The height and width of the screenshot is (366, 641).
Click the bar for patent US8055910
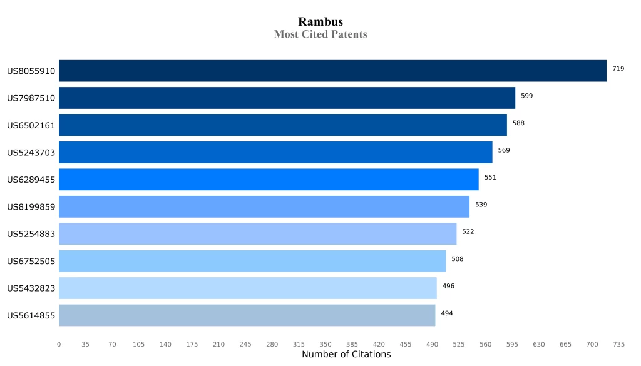[x=332, y=71]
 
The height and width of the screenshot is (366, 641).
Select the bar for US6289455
[x=269, y=180]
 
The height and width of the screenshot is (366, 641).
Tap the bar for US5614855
[x=247, y=315]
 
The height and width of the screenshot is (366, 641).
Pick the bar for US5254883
[x=257, y=234]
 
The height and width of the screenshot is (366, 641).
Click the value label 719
[x=618, y=69]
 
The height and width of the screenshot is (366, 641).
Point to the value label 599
[x=526, y=96]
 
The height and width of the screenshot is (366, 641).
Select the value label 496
[x=448, y=286]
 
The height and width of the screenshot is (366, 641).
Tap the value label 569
[x=504, y=150]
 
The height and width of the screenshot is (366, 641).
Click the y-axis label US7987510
[x=31, y=98]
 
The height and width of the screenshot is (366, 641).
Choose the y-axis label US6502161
[x=31, y=125]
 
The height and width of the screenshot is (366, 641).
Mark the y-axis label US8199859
[x=31, y=207]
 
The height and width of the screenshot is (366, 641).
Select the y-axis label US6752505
[x=31, y=261]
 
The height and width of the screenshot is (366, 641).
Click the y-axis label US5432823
[x=31, y=288]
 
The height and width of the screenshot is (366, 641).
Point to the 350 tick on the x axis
[x=326, y=344]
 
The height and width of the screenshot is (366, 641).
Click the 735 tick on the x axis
[x=618, y=344]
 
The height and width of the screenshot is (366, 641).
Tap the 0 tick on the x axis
[x=59, y=344]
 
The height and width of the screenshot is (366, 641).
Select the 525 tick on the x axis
[x=459, y=344]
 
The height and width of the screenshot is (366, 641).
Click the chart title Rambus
[x=320, y=22]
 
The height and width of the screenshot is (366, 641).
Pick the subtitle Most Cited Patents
[x=320, y=34]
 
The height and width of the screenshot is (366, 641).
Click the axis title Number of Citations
[x=346, y=355]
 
